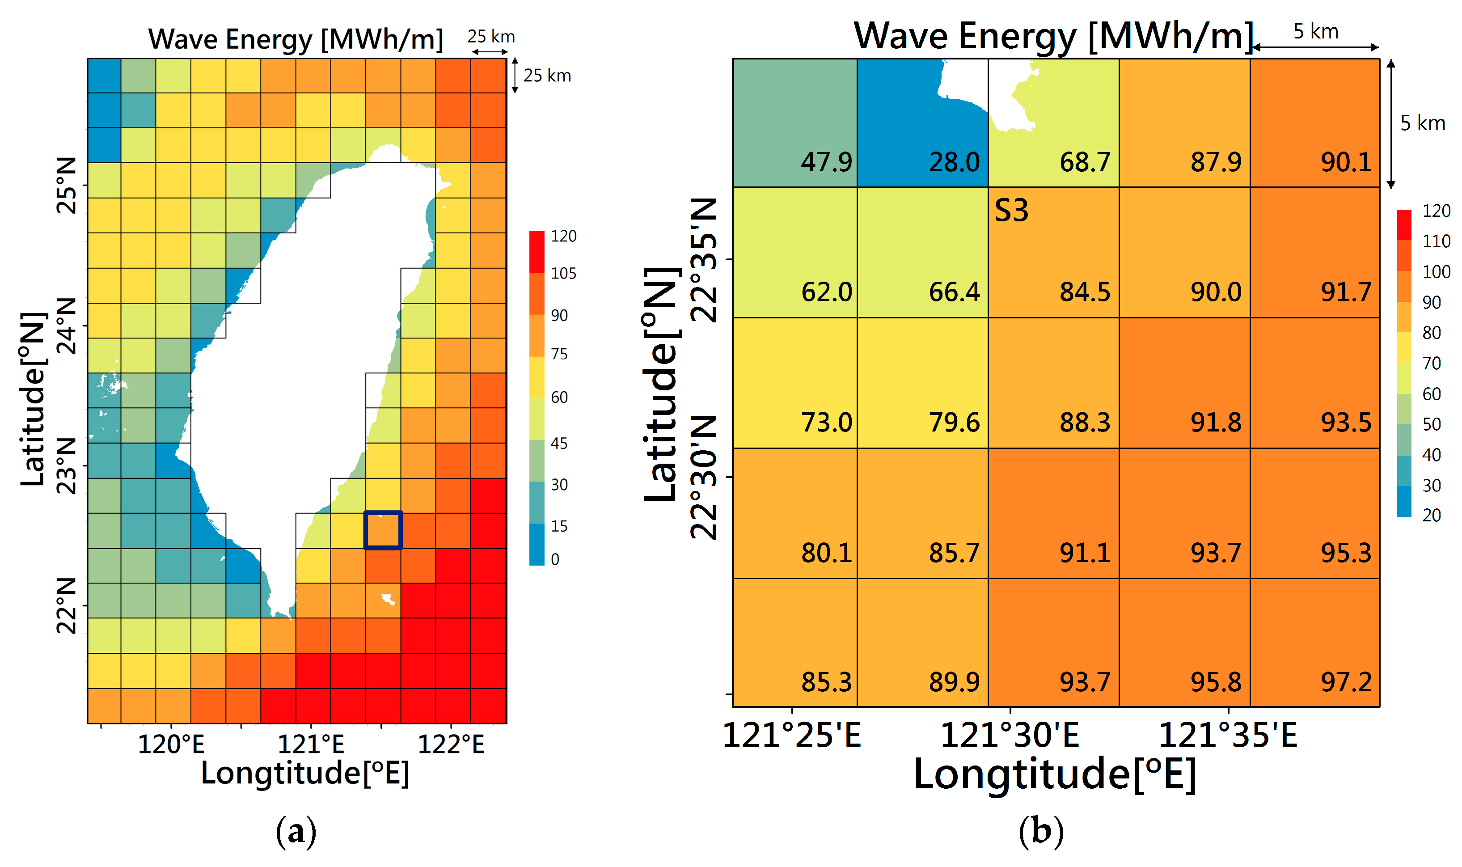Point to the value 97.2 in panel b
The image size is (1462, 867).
pos(1346,682)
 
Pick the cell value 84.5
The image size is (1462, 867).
pos(1085,292)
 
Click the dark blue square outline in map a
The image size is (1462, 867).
pos(383,530)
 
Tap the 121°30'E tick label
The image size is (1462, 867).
pos(1010,735)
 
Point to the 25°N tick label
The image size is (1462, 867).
pos(67,185)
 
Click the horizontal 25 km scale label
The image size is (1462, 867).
pos(490,37)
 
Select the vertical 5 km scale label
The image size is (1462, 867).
pos(1422,123)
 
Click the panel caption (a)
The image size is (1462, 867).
pos(296,831)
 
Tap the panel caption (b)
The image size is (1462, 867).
pos(1041,831)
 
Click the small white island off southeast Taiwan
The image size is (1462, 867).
pos(387,599)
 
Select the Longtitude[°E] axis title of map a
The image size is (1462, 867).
pos(305,773)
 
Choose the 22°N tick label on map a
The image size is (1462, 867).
pos(67,606)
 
